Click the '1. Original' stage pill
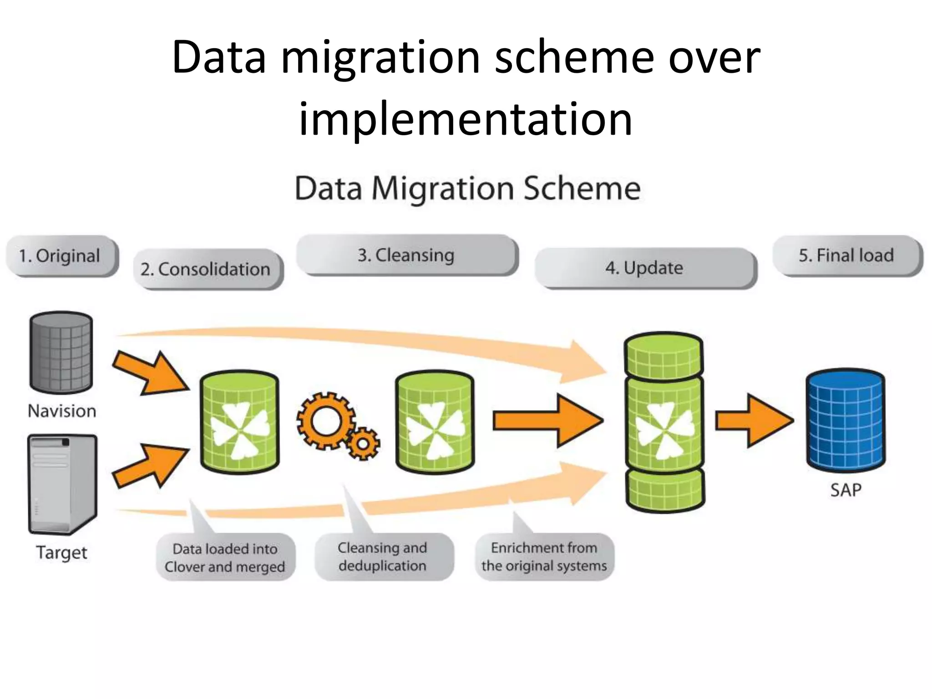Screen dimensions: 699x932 pyautogui.click(x=61, y=256)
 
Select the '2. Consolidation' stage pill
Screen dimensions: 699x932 pyautogui.click(x=208, y=269)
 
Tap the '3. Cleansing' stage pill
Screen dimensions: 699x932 pyautogui.click(x=406, y=255)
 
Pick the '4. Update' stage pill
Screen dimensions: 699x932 pyautogui.click(x=644, y=268)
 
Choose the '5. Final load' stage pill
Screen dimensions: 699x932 pyautogui.click(x=847, y=255)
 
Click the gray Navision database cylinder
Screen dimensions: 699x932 pyautogui.click(x=61, y=353)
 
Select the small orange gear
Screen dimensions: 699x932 pyautogui.click(x=363, y=443)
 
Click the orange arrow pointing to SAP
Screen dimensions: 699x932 pyautogui.click(x=754, y=421)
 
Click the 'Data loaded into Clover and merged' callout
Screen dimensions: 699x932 pyautogui.click(x=225, y=557)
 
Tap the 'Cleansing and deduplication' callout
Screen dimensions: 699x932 pyautogui.click(x=383, y=556)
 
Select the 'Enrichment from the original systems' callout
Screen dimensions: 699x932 pyautogui.click(x=544, y=556)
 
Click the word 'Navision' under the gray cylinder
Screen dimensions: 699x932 pyautogui.click(x=62, y=411)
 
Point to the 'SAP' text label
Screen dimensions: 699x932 pyautogui.click(x=846, y=490)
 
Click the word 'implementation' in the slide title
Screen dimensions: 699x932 pyautogui.click(x=465, y=119)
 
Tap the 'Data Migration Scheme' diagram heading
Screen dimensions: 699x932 pyautogui.click(x=467, y=188)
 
